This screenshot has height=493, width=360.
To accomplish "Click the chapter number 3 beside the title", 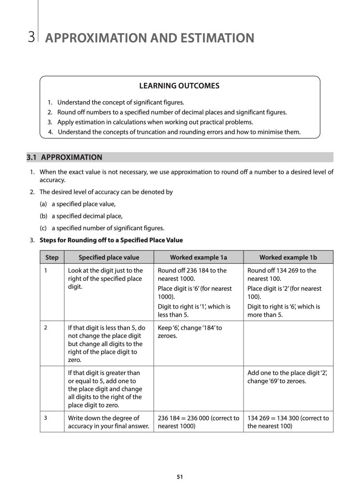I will coord(31,38).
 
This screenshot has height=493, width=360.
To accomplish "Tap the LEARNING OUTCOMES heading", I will coord(179,86).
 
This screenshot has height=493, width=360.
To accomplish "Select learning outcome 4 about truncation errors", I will coord(174,132).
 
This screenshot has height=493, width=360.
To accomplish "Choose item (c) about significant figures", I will coord(102,228).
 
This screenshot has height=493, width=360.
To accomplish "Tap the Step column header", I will coord(51,258).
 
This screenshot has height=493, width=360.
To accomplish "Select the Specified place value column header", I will coord(109,258).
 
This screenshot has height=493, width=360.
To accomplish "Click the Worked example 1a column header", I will coord(198,258).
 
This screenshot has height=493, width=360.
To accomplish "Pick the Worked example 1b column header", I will coord(288,258).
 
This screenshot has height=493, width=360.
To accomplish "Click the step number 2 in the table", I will coord(45,328).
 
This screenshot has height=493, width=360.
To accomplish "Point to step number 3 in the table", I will coord(45,417).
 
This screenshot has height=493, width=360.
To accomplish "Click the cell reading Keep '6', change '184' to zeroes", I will coord(190,332).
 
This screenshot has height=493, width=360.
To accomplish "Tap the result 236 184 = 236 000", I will coord(198,422).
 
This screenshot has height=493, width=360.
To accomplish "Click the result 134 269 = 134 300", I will coord(288,422).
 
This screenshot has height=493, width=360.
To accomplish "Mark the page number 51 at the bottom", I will coord(180,477).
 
